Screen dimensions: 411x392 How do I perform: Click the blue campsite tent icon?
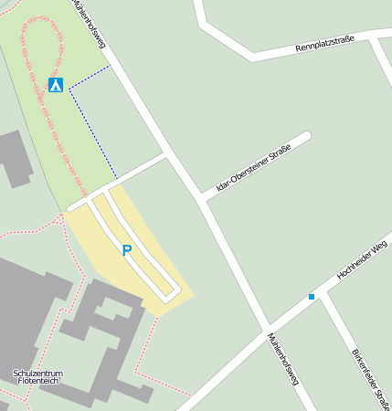click(56, 85)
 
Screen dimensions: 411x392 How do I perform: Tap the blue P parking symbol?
click(126, 249)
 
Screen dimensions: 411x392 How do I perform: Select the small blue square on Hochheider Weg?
click(312, 297)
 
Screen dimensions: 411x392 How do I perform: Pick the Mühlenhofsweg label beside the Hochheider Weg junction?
click(283, 359)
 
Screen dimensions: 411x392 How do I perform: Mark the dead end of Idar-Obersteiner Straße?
click(306, 137)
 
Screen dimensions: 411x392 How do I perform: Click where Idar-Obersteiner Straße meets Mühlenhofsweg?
click(200, 197)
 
